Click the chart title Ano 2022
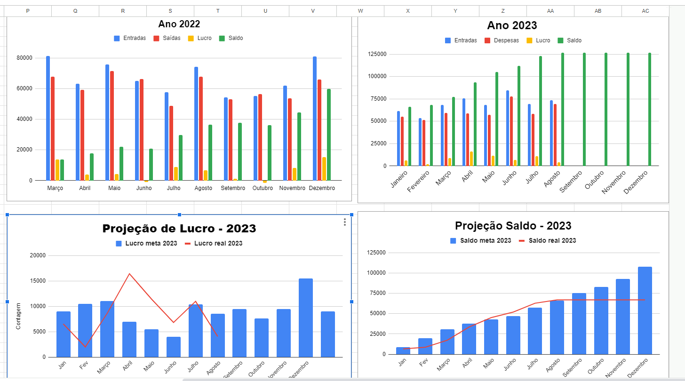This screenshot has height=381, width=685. point(179,24)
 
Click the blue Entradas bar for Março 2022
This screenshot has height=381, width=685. point(48,118)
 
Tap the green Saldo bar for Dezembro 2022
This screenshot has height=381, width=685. point(329,135)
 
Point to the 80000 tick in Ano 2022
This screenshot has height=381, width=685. point(24,58)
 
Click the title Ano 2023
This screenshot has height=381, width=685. point(512,25)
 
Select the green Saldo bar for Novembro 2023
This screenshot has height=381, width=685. point(628,109)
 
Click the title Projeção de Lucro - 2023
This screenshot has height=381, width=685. point(179,229)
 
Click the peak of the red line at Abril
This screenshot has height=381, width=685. point(129,274)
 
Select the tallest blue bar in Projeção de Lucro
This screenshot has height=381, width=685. point(306,317)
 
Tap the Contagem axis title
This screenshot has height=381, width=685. point(18,316)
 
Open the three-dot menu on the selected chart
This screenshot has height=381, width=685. point(345,222)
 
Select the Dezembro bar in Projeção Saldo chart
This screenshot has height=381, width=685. point(645,310)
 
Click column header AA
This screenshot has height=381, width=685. point(550,11)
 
